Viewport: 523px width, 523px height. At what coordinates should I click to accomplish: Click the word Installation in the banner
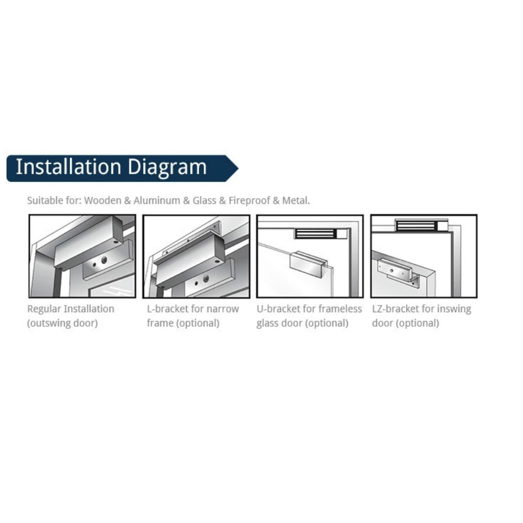point(69,167)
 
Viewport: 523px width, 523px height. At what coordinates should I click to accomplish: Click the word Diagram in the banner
point(167,168)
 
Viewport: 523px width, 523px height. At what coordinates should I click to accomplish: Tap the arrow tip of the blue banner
point(238,168)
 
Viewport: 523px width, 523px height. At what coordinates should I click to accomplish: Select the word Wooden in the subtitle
point(103,200)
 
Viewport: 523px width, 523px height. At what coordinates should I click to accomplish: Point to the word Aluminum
point(157,200)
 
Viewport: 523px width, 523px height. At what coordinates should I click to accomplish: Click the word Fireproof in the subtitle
point(249,200)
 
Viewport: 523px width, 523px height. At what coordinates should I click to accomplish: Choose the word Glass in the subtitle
point(204,200)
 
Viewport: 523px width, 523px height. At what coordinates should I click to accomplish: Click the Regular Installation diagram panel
point(83,256)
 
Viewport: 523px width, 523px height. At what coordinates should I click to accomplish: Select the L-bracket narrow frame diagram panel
point(196,256)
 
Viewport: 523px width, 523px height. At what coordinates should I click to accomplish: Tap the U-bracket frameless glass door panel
point(310,256)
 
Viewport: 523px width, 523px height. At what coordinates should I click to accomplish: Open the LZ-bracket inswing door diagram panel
point(424,256)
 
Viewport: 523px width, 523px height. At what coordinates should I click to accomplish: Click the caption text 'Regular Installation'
point(71,309)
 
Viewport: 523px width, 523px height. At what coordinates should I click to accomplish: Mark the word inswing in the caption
point(454,310)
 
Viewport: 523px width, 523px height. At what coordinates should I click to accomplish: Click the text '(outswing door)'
point(62,323)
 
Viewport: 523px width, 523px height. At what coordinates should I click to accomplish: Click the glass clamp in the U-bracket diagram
point(309,265)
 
